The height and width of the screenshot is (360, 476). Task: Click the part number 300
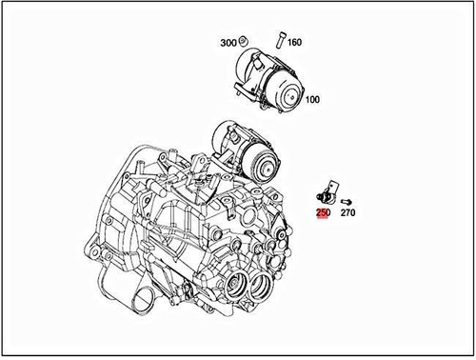click(228, 43)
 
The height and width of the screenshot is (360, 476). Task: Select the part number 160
click(294, 42)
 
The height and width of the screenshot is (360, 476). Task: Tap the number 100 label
click(312, 98)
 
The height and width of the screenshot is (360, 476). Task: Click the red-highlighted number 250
click(323, 214)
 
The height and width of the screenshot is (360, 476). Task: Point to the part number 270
click(347, 214)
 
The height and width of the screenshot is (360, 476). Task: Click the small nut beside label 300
click(245, 41)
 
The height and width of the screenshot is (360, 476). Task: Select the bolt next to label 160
click(280, 40)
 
